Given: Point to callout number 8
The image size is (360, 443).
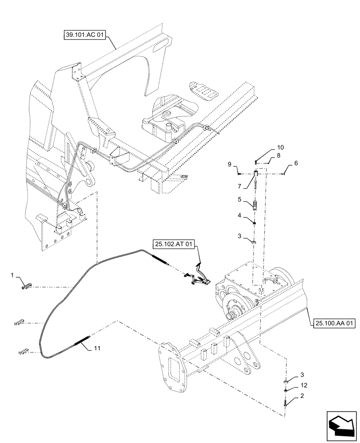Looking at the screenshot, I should [278, 155].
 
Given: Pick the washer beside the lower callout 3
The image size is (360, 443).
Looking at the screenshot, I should [286, 380].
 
